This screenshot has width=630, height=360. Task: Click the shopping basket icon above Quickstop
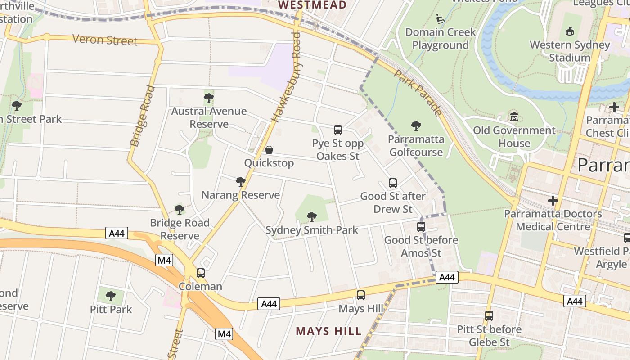(x=269, y=150)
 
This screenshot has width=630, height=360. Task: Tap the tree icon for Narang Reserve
(x=241, y=182)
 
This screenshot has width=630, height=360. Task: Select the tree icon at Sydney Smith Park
(x=311, y=217)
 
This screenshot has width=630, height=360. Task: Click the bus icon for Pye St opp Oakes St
(x=338, y=130)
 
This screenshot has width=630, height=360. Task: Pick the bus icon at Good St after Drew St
(x=393, y=183)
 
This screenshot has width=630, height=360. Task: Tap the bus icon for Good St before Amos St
(x=421, y=227)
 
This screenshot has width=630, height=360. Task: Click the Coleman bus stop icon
(x=201, y=273)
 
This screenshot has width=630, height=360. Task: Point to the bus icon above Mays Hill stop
(x=361, y=295)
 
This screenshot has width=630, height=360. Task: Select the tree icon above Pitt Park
(x=111, y=296)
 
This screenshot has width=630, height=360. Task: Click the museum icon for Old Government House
(x=514, y=117)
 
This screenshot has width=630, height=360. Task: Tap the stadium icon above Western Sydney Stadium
(x=570, y=31)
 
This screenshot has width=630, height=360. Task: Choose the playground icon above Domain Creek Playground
(x=441, y=19)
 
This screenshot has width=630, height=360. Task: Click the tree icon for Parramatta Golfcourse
(x=416, y=126)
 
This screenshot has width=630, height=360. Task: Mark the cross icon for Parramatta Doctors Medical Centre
(x=553, y=201)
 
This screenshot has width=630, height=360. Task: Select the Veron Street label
(x=105, y=40)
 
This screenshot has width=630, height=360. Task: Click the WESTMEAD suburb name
(x=312, y=5)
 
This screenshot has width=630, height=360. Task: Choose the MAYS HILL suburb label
(x=328, y=332)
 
